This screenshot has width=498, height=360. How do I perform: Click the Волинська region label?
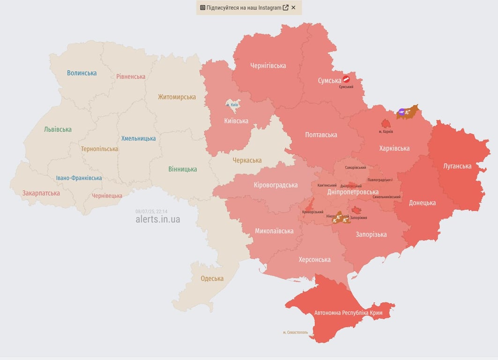pos(82,73)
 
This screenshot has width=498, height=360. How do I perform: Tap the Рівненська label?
pos(131,76)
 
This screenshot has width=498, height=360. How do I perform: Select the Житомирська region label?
pos(177,97)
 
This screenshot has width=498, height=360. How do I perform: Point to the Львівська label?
pos(58,129)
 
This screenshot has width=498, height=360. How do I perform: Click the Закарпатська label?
pos(41,193)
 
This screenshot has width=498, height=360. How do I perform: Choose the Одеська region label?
pos(212,278)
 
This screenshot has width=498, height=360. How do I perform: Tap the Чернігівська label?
pos(268,66)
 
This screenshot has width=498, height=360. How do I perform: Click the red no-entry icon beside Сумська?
pos(346,79)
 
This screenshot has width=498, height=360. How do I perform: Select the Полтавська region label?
pos(321,135)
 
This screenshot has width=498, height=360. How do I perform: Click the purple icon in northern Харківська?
pos(401,112)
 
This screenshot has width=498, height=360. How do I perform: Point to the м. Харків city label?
pos(386,132)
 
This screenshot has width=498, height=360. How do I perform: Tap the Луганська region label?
pos(457,166)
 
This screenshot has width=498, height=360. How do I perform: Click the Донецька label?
pos(422,203)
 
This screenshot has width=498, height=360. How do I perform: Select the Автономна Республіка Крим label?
pos(348,313)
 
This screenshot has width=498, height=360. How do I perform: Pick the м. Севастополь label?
pos(296,332)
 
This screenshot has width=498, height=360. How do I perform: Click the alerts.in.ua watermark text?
pos(157,219)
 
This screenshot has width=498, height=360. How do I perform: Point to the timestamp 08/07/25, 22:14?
pos(151,211)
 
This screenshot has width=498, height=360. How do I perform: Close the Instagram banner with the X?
pos(293,7)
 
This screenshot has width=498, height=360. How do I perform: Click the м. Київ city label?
pos(232,105)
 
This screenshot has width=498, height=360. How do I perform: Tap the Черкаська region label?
pos(247,160)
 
